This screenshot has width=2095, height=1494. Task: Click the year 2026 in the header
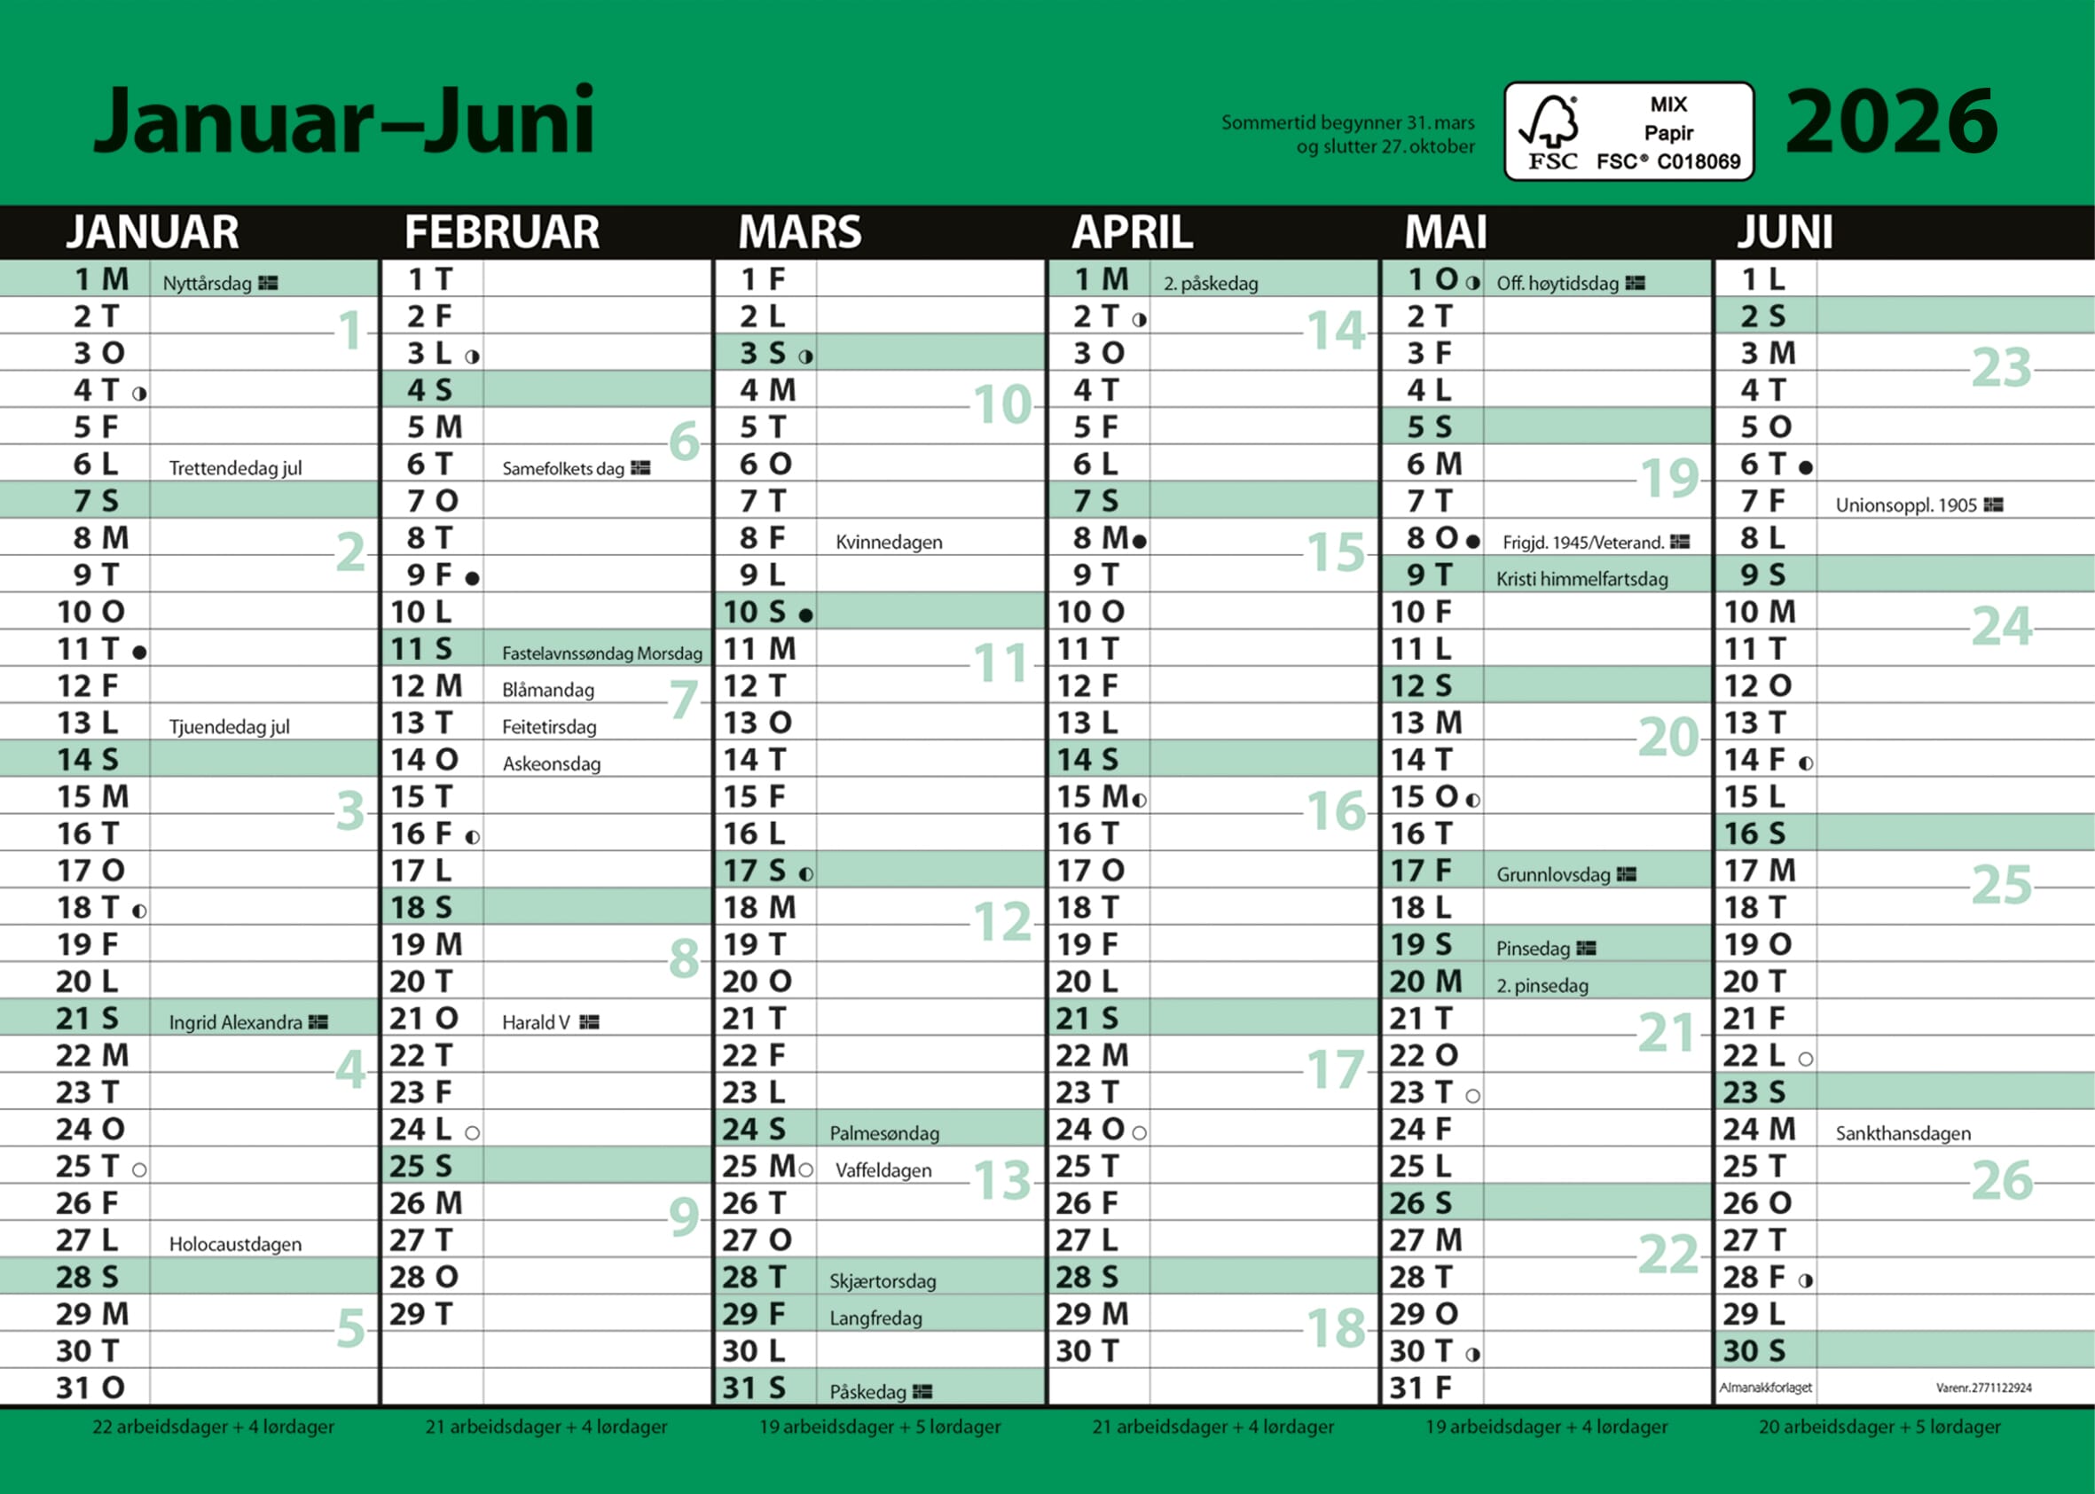(x=1891, y=121)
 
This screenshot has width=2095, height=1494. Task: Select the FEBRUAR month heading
(x=501, y=231)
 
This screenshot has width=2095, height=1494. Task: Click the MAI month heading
(x=1446, y=231)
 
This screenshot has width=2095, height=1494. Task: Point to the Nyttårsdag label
(x=207, y=284)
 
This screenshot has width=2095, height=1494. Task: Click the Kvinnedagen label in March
(x=889, y=542)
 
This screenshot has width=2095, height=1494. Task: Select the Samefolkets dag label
(x=563, y=468)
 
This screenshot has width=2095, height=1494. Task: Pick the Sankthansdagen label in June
(x=1903, y=1133)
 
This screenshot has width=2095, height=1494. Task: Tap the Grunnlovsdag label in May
(x=1553, y=874)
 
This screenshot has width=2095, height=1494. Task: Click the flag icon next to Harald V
(x=590, y=1022)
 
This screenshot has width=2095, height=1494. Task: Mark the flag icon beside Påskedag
(x=922, y=1392)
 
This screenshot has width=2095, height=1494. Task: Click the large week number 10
(x=1003, y=405)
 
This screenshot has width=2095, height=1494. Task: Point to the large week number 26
(x=2001, y=1180)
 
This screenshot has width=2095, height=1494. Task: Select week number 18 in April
(x=1336, y=1328)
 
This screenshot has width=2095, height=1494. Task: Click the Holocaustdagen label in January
(x=236, y=1244)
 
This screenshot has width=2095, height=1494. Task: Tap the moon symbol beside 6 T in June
(x=1806, y=468)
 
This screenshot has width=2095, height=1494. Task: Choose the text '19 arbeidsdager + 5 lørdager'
(x=880, y=1427)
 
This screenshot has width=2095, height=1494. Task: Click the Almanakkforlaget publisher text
(x=1766, y=1388)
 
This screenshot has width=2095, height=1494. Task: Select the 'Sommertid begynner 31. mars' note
(x=1348, y=122)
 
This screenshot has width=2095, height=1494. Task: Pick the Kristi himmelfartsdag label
(x=1581, y=579)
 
